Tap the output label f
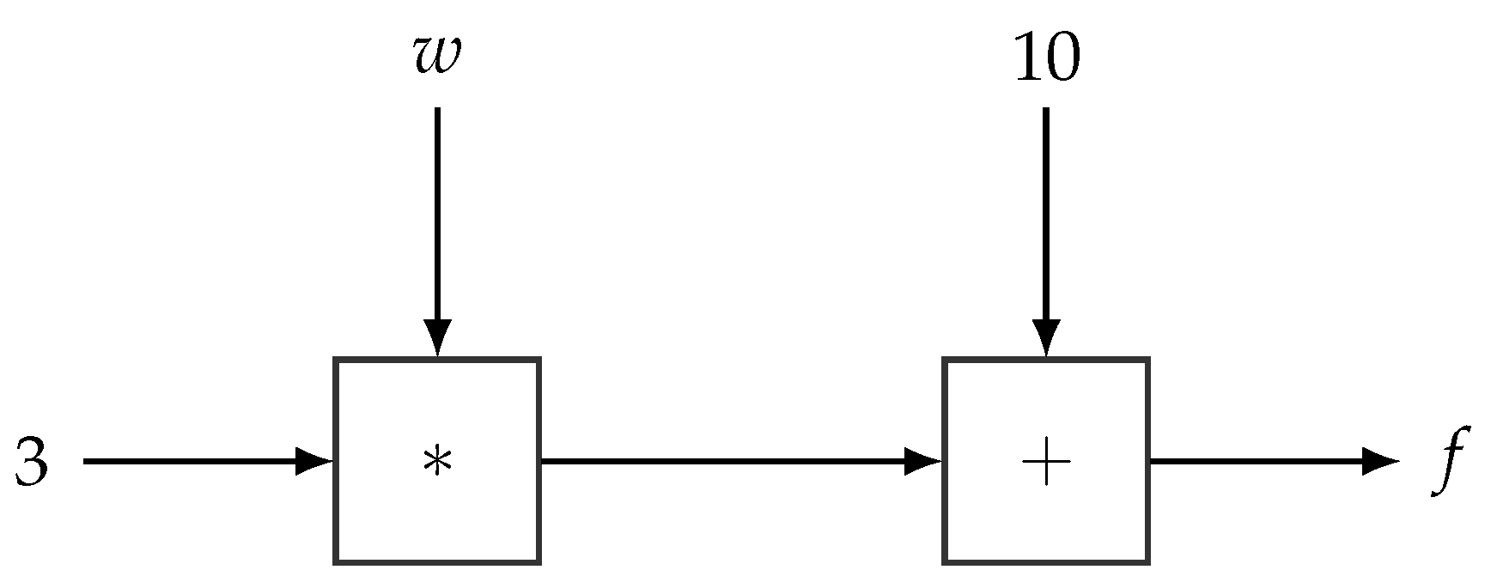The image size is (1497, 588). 1451,461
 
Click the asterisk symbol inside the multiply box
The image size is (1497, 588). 436,463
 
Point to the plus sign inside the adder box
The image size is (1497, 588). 1046,462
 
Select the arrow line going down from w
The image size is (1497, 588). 437,215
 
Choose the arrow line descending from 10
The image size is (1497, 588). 1046,215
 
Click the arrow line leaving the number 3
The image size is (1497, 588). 189,462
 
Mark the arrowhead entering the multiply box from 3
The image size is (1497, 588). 314,462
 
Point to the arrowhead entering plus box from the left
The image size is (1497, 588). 924,462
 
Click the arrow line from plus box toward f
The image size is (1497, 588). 1254,462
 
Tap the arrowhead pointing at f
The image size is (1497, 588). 1381,462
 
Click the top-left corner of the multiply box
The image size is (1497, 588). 337,361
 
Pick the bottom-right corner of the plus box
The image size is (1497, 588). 1147,561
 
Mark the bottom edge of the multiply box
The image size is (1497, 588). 437,562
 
